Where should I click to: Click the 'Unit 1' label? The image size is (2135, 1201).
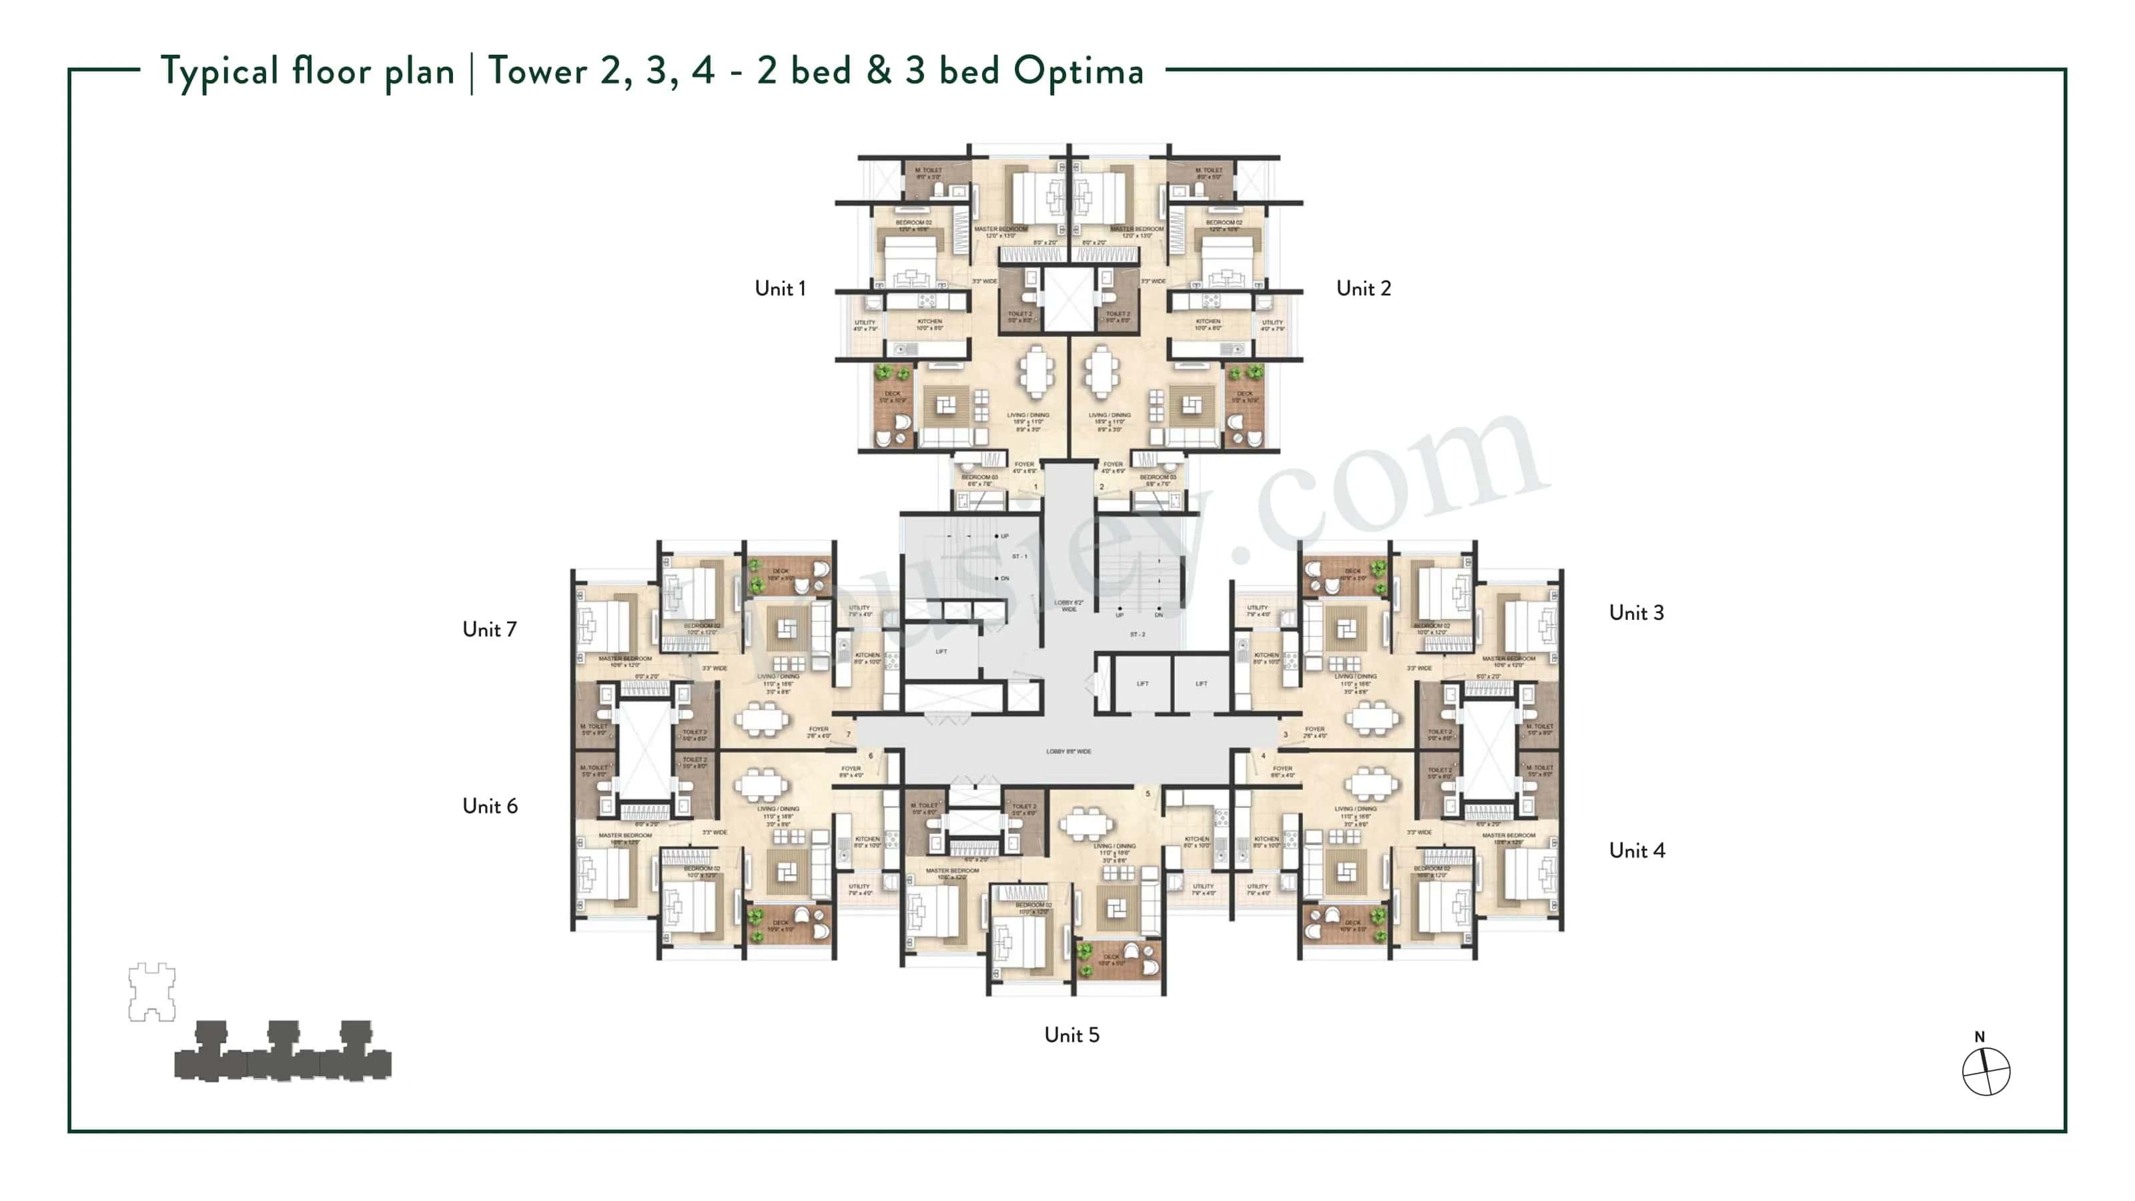click(x=779, y=288)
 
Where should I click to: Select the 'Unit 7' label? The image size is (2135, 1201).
click(x=489, y=629)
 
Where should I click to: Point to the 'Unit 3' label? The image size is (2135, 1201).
click(x=1636, y=613)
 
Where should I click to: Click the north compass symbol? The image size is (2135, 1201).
click(x=1986, y=1071)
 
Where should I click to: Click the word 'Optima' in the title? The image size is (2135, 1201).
click(x=1078, y=71)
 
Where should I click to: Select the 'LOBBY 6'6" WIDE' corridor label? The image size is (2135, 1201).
click(x=1068, y=752)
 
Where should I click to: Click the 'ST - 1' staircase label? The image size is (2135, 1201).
click(x=1019, y=556)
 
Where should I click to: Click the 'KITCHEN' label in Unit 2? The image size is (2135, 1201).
click(x=1208, y=322)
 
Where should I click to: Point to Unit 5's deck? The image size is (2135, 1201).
click(x=1118, y=960)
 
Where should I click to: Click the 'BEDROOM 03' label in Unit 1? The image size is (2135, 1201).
click(x=979, y=478)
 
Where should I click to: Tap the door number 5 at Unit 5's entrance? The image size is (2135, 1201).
click(x=1148, y=794)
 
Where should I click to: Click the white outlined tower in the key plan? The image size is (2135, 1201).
click(x=151, y=991)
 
